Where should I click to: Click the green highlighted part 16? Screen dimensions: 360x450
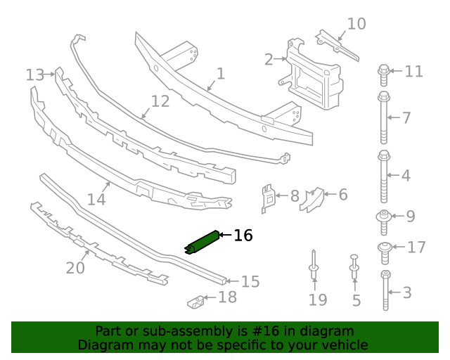(x=202, y=242)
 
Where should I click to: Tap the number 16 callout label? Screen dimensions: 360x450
(x=243, y=236)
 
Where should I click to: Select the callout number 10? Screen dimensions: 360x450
(x=356, y=25)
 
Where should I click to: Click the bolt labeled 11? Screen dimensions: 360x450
(x=384, y=71)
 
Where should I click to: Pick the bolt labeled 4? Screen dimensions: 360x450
(x=384, y=176)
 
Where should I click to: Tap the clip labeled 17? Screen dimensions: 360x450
(x=385, y=248)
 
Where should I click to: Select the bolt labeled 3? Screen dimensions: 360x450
(x=386, y=290)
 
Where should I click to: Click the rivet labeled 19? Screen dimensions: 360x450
(x=314, y=265)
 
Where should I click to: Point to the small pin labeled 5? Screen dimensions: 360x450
(x=354, y=267)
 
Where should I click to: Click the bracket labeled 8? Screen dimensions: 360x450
(x=268, y=197)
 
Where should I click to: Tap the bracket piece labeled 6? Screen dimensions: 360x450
(x=311, y=199)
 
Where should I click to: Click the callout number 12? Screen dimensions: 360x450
(x=160, y=101)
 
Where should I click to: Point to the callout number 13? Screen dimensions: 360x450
(x=34, y=74)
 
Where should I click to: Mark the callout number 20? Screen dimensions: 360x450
(x=75, y=268)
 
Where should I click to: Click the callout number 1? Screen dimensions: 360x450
(x=220, y=74)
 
